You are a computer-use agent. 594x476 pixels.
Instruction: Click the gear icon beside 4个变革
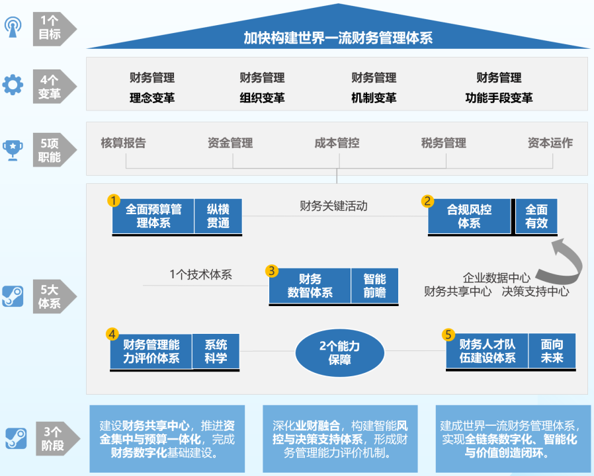coord(13,85)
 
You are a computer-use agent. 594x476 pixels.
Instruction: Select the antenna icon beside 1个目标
coord(13,26)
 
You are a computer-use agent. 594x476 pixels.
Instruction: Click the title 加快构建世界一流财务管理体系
coord(338,37)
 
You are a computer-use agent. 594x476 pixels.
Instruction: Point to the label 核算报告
coord(123,143)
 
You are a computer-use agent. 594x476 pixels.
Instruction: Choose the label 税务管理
coord(443,143)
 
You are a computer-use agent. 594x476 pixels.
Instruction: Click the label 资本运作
coord(550,143)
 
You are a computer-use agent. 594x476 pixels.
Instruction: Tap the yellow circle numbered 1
coord(114,200)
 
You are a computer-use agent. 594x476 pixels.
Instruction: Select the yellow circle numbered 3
coord(271,271)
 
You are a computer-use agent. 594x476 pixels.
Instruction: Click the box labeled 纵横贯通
coord(218,216)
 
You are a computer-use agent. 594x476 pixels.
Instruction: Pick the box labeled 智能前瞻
coord(374,286)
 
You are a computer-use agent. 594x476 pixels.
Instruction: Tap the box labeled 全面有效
coord(536,216)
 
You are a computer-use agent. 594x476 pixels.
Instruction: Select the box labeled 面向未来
coord(552,351)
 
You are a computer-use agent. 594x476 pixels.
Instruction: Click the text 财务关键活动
coord(333,206)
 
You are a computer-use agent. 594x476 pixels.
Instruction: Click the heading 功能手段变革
coord(499,98)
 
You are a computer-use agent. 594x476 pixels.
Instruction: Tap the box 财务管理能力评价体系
coord(151,351)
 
